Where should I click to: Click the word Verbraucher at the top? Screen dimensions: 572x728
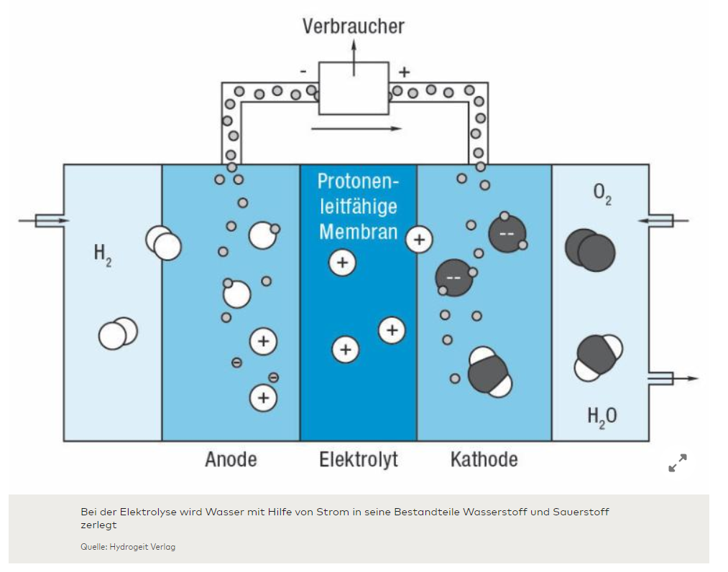353,27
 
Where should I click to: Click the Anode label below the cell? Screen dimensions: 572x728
231,459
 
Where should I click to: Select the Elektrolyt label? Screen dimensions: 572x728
358,459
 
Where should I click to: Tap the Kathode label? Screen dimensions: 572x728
484,459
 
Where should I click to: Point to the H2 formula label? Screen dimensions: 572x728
103,253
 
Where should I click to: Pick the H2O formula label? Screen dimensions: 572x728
602,416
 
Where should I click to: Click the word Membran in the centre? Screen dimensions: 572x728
358,232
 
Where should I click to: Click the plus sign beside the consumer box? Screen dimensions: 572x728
404,71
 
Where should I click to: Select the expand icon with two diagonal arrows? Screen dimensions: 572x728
677,463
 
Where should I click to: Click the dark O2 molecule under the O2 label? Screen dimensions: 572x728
590,250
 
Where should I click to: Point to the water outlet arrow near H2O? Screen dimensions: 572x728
679,378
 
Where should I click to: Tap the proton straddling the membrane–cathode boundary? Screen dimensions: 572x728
419,239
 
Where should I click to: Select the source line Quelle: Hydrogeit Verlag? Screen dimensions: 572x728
128,547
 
